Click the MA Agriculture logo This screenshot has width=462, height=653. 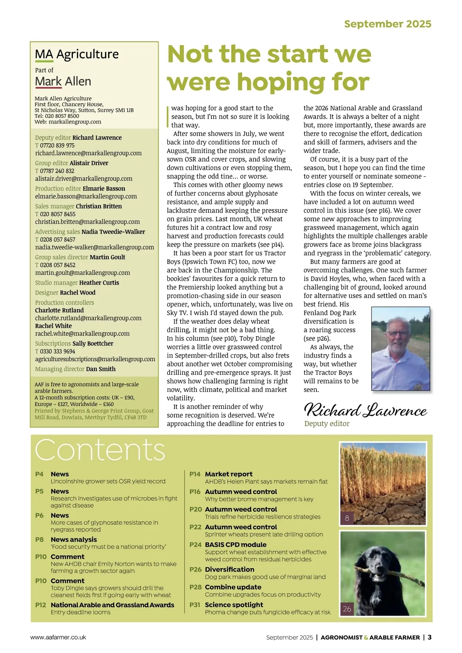77,54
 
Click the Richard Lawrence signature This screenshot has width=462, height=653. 365,410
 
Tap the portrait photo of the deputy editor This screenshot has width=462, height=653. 400,348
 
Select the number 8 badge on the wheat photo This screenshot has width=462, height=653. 347,518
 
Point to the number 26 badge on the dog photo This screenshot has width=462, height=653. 347,609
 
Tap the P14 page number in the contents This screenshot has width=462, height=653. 195,474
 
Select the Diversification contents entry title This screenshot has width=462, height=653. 229,569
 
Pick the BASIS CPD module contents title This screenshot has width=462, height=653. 236,544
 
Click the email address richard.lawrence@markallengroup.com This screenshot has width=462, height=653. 88,153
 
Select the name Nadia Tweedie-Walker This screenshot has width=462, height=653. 113,231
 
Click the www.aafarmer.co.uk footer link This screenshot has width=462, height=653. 58,637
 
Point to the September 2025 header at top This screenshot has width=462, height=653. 387,24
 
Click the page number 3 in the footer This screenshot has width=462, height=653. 429,637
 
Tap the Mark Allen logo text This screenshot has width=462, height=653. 63,82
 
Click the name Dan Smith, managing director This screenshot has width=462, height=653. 101,369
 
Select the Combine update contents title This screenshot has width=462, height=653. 233,587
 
